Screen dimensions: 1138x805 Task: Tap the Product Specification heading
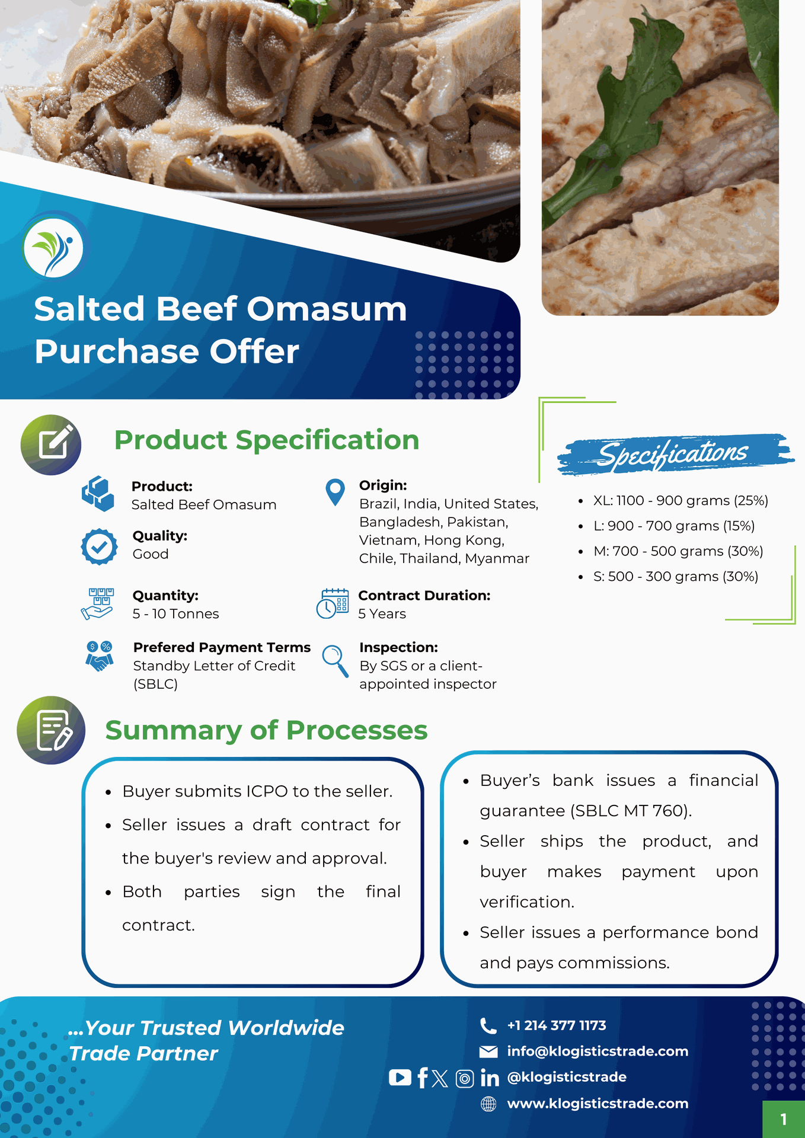(x=266, y=440)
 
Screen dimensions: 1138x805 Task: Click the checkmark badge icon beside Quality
(x=99, y=546)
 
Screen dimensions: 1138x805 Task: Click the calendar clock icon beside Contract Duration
(x=333, y=604)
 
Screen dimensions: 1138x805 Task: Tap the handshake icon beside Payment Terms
(x=100, y=656)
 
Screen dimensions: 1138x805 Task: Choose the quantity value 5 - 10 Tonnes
(x=175, y=614)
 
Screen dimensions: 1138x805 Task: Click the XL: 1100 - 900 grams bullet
(x=680, y=501)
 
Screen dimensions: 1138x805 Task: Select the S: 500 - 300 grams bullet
(x=675, y=577)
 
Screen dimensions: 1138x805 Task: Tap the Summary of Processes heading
(x=266, y=730)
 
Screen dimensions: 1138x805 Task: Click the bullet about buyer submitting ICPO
(x=257, y=791)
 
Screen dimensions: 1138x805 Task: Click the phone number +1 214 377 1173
(x=556, y=1025)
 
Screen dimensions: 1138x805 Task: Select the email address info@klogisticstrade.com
(x=598, y=1051)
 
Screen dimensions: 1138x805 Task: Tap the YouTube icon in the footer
(x=400, y=1078)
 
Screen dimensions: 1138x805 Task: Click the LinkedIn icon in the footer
(x=490, y=1078)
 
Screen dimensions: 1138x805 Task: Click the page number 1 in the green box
(x=783, y=1119)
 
